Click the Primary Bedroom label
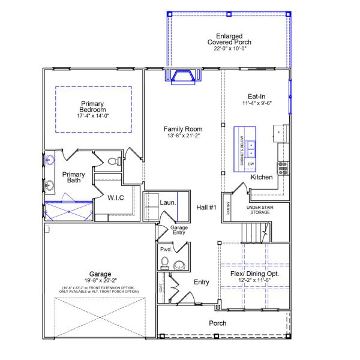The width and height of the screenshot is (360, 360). click(93, 106)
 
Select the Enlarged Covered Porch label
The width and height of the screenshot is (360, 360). click(229, 38)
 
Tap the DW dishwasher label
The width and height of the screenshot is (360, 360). click(251, 163)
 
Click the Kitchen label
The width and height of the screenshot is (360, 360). click(262, 178)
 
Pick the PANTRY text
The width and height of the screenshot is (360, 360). click(228, 208)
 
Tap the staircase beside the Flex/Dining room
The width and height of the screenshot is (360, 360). click(255, 230)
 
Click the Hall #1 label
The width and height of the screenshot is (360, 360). click(206, 208)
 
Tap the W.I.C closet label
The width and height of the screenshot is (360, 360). click(115, 197)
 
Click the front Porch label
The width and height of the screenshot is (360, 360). click(217, 323)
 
